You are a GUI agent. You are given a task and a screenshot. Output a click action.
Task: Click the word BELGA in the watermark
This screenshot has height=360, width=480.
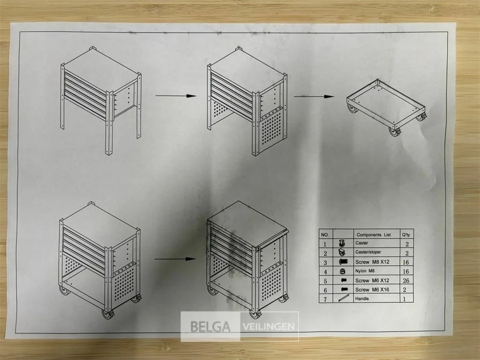pyautogui.click(x=210, y=326)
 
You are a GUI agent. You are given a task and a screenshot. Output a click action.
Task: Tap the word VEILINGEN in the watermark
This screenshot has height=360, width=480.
pyautogui.click(x=269, y=326)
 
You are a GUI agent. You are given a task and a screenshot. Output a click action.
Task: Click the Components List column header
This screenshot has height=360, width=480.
pyautogui.click(x=374, y=235)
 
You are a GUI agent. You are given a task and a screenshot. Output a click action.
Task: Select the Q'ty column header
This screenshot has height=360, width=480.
pyautogui.click(x=406, y=235)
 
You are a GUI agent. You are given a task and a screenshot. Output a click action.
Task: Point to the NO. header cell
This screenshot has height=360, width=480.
pyautogui.click(x=325, y=235)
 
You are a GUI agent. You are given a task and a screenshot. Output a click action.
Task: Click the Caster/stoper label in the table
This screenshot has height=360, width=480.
pyautogui.click(x=368, y=252)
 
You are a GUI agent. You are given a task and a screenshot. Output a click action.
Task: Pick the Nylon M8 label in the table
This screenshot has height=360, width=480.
pyautogui.click(x=365, y=271)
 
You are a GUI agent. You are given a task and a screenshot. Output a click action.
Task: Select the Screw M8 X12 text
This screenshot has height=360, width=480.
pyautogui.click(x=372, y=262)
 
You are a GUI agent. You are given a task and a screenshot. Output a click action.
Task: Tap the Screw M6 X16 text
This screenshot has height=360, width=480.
pyautogui.click(x=372, y=290)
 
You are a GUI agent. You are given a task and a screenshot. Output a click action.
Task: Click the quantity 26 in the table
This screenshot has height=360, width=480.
pyautogui.click(x=406, y=281)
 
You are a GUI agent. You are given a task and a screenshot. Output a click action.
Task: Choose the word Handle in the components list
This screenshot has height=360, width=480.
pyautogui.click(x=362, y=299)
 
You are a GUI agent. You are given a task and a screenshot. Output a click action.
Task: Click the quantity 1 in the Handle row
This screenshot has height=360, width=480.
pyautogui.click(x=405, y=299)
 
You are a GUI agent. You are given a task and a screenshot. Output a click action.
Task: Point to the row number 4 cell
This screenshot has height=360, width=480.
pyautogui.click(x=325, y=272)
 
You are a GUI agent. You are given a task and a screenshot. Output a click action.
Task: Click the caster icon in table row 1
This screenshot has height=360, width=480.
pyautogui.click(x=342, y=244)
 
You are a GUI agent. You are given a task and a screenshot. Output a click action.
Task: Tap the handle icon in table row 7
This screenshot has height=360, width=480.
pyautogui.click(x=343, y=298)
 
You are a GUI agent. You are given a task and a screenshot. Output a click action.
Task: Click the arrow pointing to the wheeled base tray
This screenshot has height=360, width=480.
pyautogui.click(x=314, y=97)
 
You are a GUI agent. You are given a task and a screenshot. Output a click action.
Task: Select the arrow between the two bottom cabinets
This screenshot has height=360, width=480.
pyautogui.click(x=175, y=259)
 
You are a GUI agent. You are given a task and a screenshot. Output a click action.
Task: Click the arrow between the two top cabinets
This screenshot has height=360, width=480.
pyautogui.click(x=176, y=96)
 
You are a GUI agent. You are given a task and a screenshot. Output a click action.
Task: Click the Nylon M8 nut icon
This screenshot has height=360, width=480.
pyautogui.click(x=342, y=271)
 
